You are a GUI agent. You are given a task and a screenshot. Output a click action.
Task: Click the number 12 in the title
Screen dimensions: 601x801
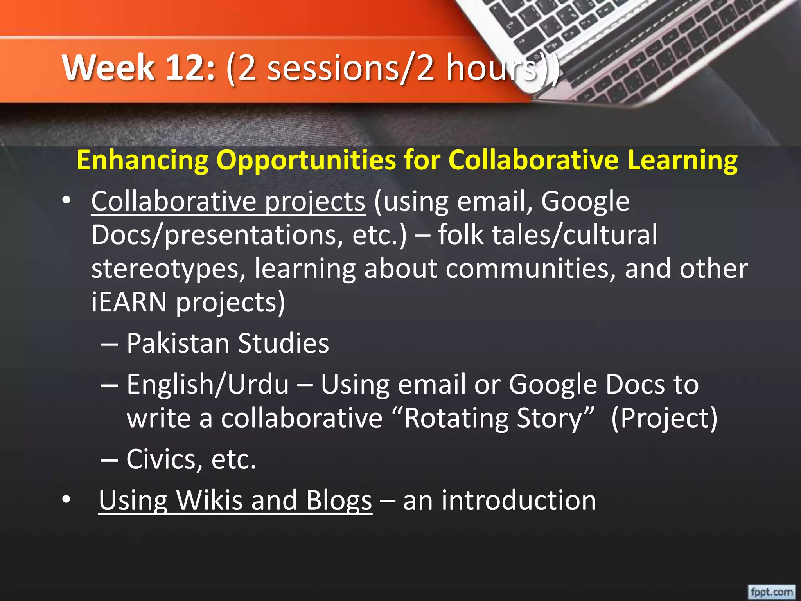pos(190,67)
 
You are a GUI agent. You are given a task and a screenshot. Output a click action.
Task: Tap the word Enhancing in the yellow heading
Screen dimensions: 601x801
pos(143,160)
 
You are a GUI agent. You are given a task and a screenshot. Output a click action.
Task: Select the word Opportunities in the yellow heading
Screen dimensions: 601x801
pos(306,160)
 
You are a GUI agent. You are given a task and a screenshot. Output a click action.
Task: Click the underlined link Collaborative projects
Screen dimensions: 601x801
pos(228,202)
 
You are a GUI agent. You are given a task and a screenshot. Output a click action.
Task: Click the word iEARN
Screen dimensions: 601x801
pos(129,302)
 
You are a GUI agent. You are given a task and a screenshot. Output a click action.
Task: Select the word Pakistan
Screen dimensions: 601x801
pos(178,343)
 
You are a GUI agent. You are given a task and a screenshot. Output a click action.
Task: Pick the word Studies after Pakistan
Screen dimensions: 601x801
pos(283,343)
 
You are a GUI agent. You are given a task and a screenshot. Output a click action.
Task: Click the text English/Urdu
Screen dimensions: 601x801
pos(208,384)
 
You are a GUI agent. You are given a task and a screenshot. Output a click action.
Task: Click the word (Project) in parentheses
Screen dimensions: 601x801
pos(664,418)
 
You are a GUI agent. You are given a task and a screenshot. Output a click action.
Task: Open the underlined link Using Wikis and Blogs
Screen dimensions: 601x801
pos(235,501)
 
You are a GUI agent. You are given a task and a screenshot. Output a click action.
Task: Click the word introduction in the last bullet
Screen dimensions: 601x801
pos(519,501)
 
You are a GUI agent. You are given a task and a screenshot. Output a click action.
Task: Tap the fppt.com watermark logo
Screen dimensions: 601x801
pos(771,591)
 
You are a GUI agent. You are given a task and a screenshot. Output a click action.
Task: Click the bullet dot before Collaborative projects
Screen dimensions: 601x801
pos(66,201)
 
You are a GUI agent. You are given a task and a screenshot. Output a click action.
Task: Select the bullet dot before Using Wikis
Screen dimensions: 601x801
pos(66,500)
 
